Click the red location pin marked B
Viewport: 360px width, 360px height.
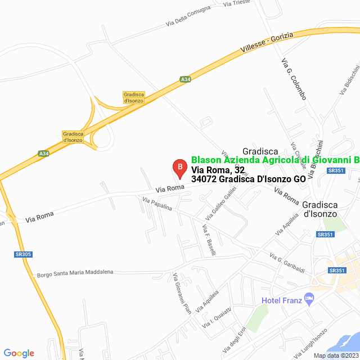tap(178, 168)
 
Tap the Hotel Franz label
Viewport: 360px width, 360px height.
tap(281, 300)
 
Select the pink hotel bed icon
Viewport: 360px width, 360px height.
tap(308, 298)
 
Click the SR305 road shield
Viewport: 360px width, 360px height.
tap(23, 254)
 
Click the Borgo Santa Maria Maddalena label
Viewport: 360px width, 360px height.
tap(75, 274)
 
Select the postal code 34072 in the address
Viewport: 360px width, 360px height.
tap(204, 179)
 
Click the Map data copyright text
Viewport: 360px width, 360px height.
tap(336, 355)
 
